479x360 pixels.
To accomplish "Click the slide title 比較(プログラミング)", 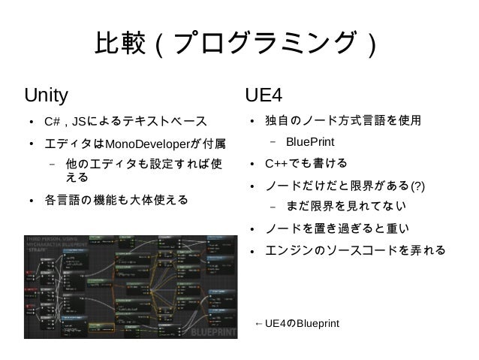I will (238, 46).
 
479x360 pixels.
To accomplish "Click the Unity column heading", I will (47, 95).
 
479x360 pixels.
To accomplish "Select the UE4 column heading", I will (264, 95).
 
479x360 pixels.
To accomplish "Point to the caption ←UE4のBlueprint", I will (297, 324).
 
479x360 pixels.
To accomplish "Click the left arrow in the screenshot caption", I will (260, 324).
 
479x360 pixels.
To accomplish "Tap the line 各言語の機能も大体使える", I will (116, 201).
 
